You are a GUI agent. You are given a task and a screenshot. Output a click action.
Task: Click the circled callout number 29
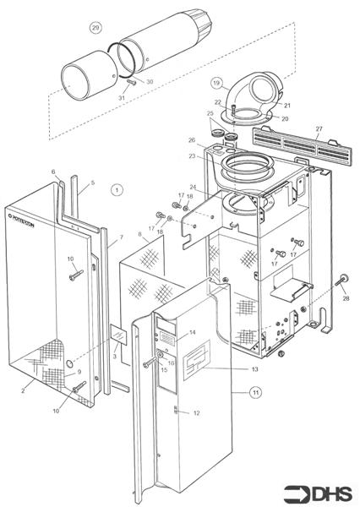click(x=95, y=28)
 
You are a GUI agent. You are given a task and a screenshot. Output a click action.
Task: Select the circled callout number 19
click(x=216, y=83)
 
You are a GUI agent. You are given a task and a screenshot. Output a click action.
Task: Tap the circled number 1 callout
click(x=117, y=191)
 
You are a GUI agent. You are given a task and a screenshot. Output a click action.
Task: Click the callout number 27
click(x=319, y=128)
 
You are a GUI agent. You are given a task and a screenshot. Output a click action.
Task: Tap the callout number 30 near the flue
click(x=150, y=81)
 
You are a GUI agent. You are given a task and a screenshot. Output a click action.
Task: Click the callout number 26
click(x=191, y=139)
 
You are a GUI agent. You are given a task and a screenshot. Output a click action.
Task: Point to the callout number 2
click(x=23, y=391)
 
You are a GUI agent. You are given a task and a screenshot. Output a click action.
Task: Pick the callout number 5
click(x=93, y=183)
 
